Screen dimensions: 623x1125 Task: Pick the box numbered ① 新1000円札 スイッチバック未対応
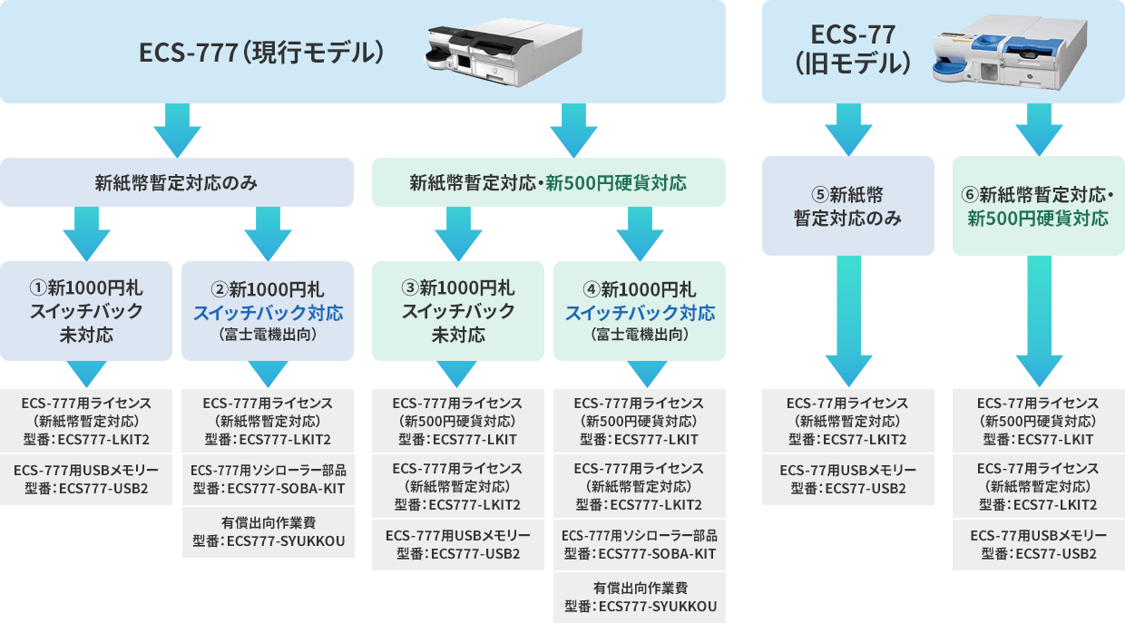[86, 311]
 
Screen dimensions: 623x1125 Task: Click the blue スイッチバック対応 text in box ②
[268, 313]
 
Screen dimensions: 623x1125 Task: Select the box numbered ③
[457, 311]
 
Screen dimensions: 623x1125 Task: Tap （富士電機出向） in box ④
[639, 335]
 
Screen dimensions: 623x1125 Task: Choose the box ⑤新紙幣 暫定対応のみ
[847, 206]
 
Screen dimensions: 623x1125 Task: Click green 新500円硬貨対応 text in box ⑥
[1038, 219]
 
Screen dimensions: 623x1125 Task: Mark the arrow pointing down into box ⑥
[1038, 129]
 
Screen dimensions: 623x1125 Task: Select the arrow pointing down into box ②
[268, 233]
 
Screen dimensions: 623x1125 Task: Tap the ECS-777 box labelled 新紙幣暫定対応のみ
[177, 182]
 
